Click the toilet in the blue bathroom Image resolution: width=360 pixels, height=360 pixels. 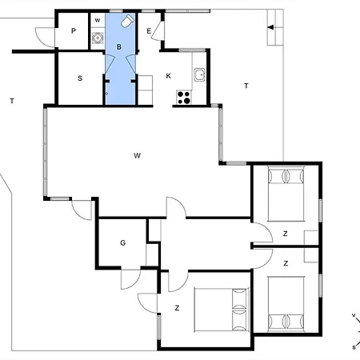pos(127,21)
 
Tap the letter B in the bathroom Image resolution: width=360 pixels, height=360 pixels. pos(119,47)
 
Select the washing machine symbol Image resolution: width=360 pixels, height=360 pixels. pos(98,38)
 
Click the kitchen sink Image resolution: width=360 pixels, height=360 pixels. pos(199,74)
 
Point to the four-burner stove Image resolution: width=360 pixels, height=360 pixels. pos(184,98)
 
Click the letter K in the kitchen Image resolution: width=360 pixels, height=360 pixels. pos(168,76)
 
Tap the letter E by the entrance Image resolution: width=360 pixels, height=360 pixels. pos(149,31)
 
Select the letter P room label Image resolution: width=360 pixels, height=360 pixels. pos(74,31)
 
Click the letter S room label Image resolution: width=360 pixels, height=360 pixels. pos(80,78)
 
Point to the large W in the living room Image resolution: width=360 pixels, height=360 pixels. pos(137,155)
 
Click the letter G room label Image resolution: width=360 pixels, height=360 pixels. pos(122,242)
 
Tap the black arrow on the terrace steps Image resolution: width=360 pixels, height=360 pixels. pos(270,27)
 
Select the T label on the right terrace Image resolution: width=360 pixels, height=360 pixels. pos(246,86)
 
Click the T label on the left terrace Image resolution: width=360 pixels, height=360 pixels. pos(12,101)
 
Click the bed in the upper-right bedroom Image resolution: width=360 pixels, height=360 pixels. pos(286,194)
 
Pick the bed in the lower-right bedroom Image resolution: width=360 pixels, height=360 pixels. pos(286,304)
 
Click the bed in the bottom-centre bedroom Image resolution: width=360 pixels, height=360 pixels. pos(222,310)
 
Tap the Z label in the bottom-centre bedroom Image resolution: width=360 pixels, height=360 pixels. pos(177,308)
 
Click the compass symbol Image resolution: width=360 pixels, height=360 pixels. pos(356,331)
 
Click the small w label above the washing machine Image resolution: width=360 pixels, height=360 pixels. pos(98,20)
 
